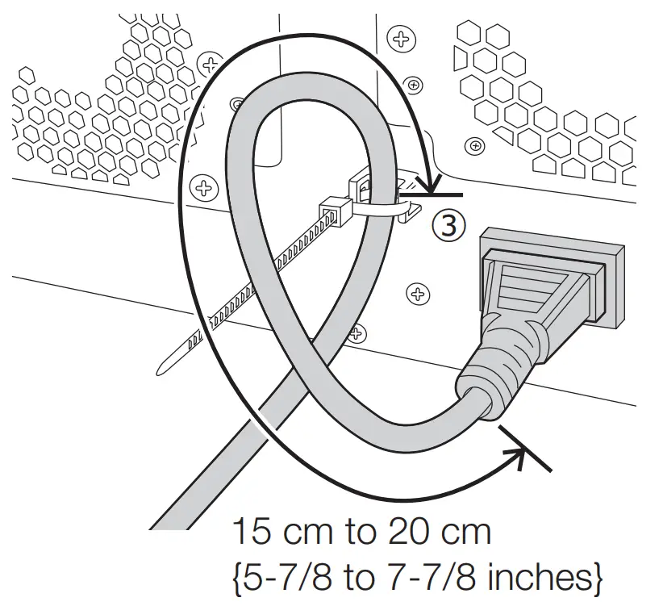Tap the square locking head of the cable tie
(x=334, y=211)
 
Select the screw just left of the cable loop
(x=202, y=189)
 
